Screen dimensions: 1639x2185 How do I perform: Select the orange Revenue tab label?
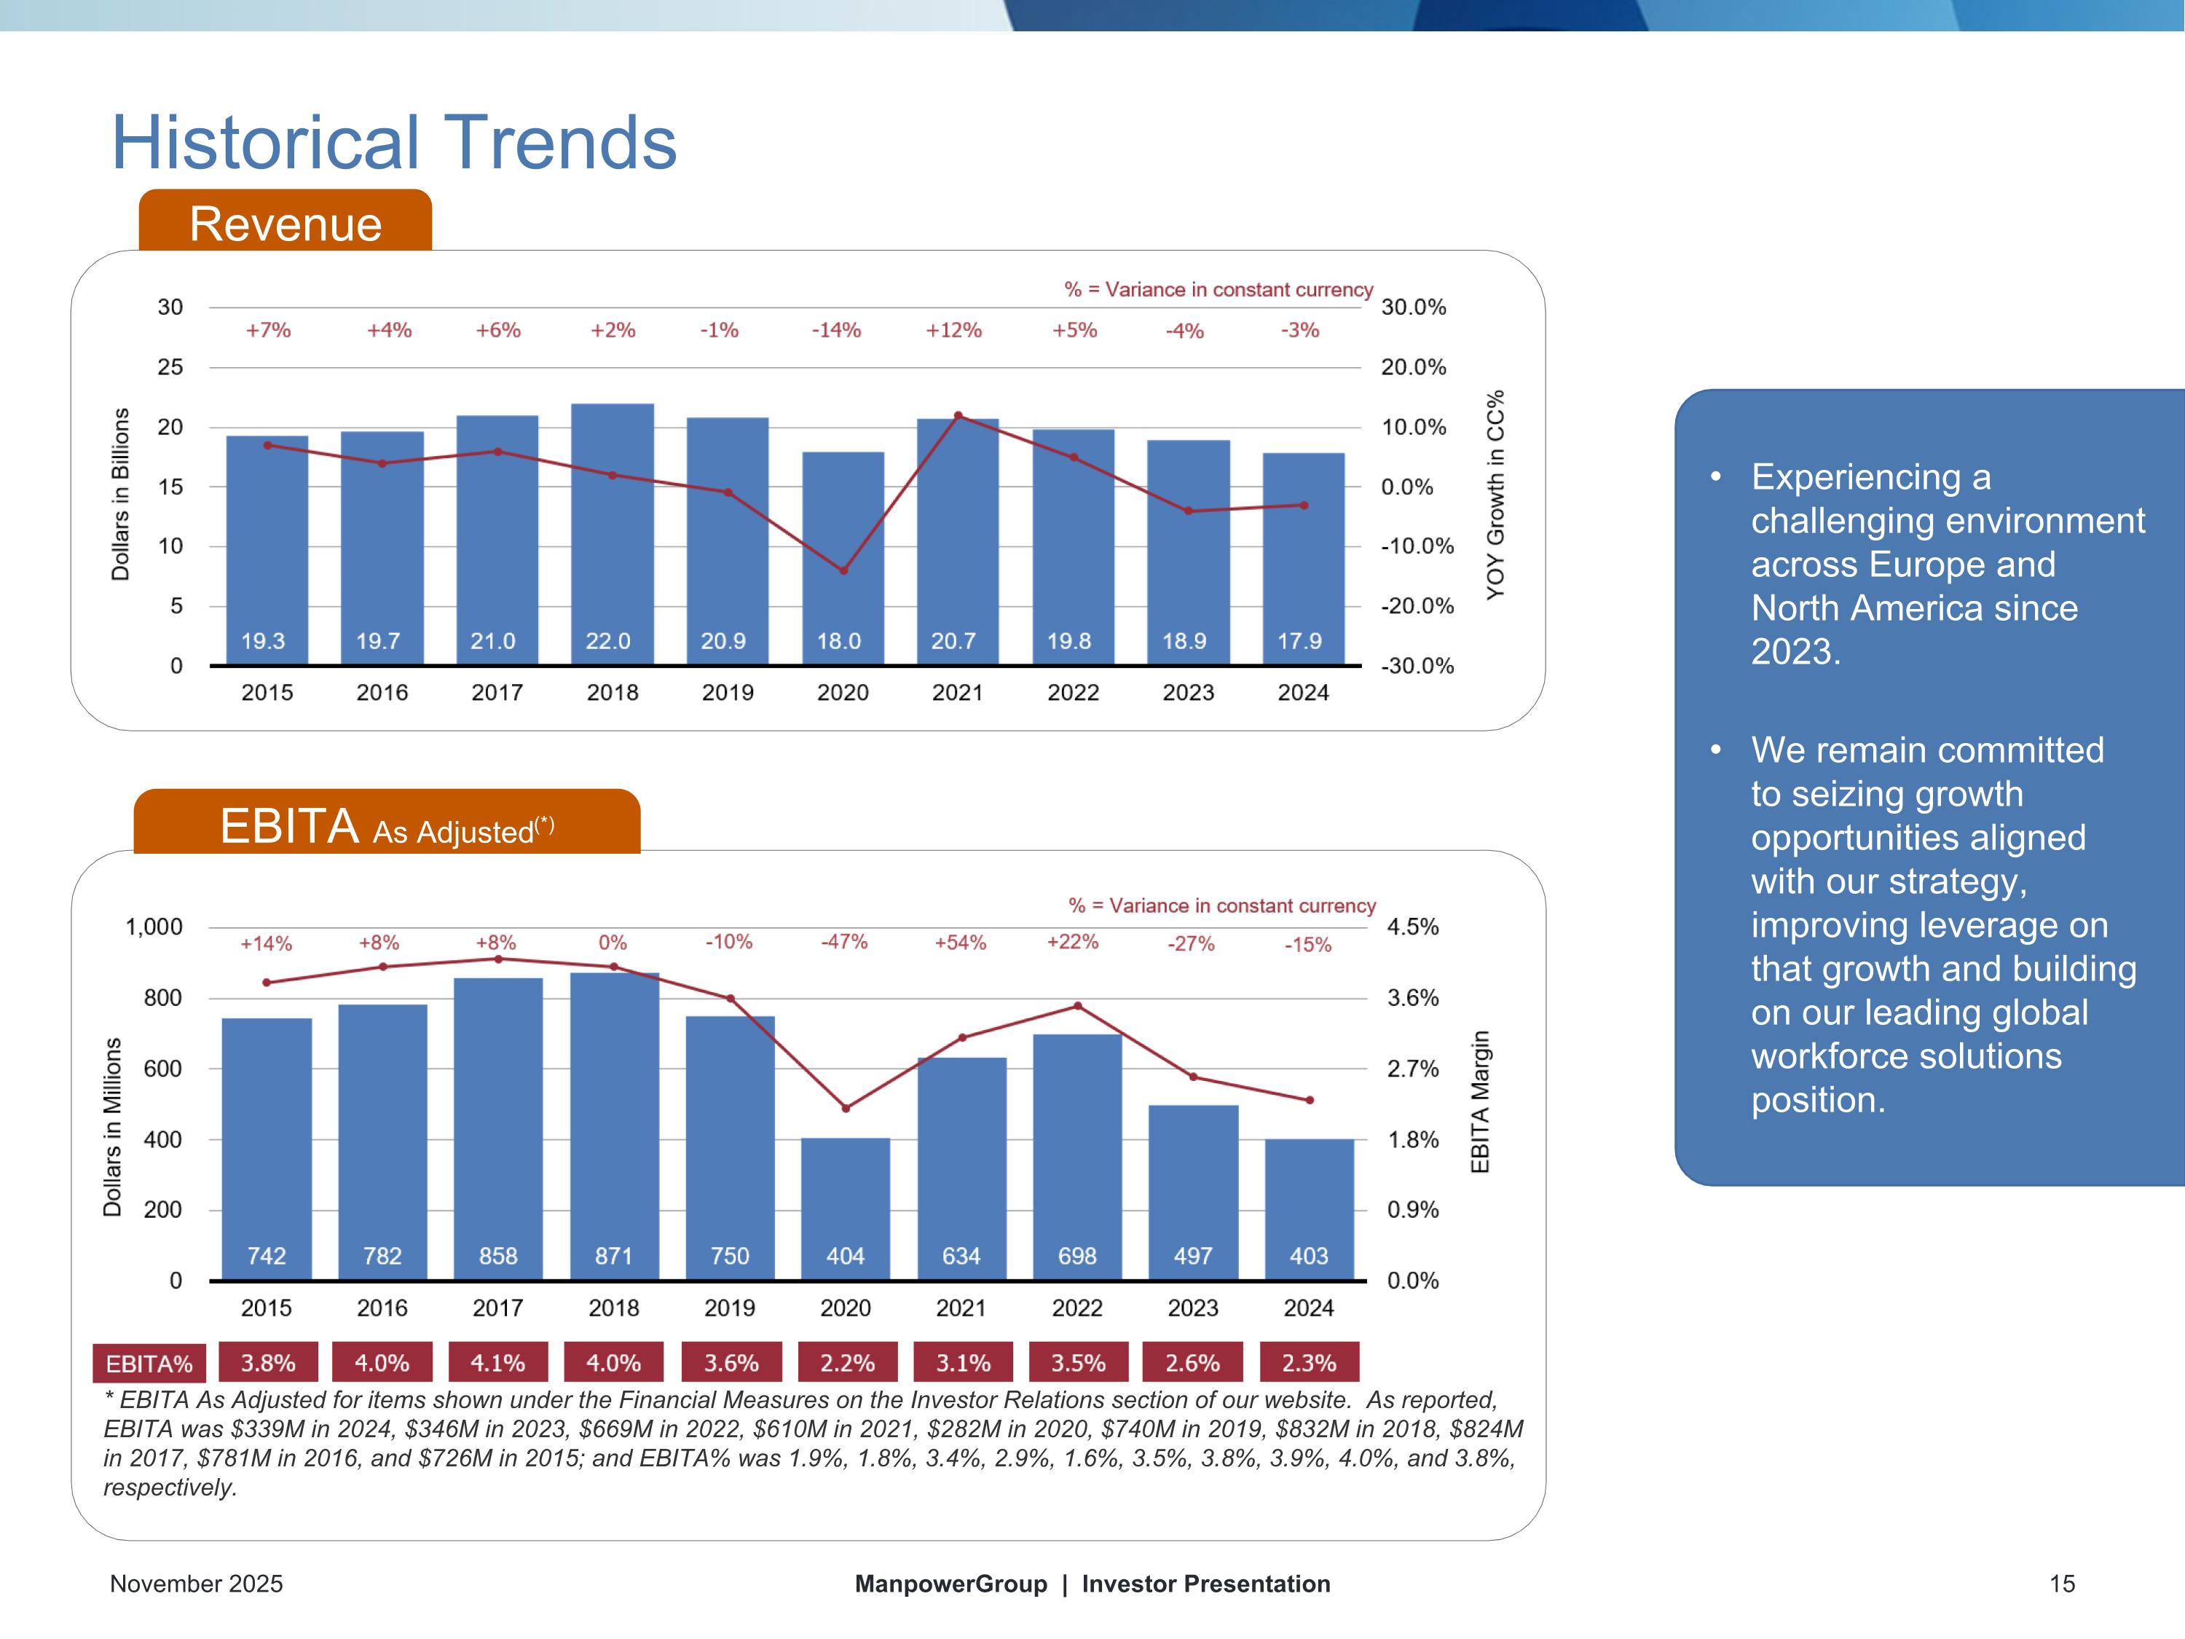(x=285, y=224)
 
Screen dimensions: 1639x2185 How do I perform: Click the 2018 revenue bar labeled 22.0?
(x=613, y=533)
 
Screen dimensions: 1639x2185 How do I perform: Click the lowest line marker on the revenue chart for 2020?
(x=843, y=570)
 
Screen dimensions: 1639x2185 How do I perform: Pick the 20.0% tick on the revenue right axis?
(x=1412, y=368)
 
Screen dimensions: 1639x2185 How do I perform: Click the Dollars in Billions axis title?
(x=120, y=493)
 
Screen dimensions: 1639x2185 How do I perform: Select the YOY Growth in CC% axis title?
(x=1495, y=493)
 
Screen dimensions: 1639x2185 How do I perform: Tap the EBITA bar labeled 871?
(x=613, y=1126)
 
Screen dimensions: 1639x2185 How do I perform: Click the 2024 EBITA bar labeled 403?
(x=1309, y=1209)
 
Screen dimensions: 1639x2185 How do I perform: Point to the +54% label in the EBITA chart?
(x=960, y=943)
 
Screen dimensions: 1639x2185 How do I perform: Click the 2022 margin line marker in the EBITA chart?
(x=1078, y=1006)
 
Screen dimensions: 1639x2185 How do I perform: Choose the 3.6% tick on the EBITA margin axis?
(x=1412, y=998)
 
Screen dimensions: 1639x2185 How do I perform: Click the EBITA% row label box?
(x=149, y=1364)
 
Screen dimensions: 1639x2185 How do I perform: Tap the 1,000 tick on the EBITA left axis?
(x=154, y=927)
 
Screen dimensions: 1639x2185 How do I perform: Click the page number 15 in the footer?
(x=2061, y=1584)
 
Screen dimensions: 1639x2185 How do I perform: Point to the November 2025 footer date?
(x=196, y=1584)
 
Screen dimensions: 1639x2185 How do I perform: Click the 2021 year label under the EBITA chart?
(x=960, y=1308)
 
